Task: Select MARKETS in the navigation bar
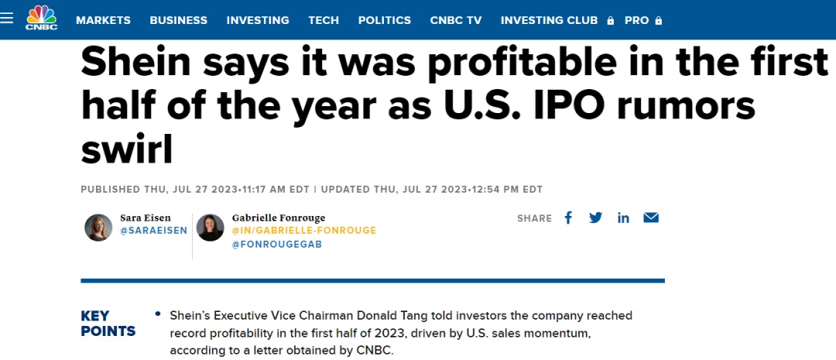coord(103,20)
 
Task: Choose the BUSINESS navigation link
coord(178,20)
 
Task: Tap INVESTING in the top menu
coord(258,20)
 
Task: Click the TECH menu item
coord(324,20)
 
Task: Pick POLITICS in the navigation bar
coord(385,20)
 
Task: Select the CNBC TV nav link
coord(456,20)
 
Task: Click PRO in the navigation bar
coord(636,20)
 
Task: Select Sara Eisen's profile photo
coord(98,227)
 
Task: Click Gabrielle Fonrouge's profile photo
coord(210,227)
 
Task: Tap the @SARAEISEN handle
coord(153,231)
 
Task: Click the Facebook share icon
coord(568,218)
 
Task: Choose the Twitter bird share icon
coord(595,218)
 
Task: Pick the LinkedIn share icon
coord(623,218)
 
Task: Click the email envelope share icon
coord(651,218)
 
